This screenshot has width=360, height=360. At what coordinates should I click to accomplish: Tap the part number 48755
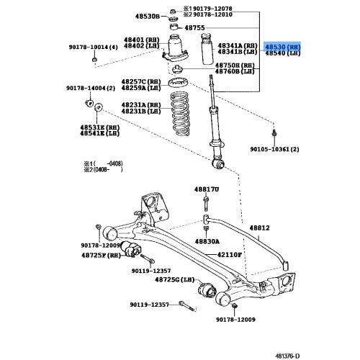(x=194, y=27)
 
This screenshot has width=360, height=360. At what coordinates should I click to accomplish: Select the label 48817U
(x=206, y=189)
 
